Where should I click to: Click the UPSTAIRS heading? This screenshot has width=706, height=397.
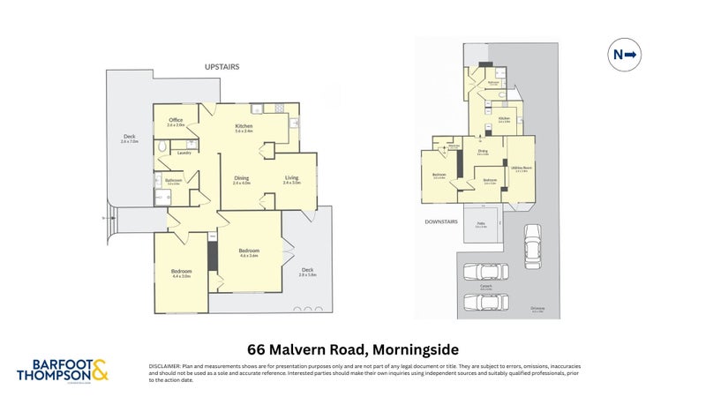222,66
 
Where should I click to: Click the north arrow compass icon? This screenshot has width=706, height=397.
626,56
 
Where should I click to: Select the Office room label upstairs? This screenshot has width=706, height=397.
176,122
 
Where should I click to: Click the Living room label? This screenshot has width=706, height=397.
291,179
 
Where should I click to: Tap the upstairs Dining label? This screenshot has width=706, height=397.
242,179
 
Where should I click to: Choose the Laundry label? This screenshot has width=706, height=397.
184,153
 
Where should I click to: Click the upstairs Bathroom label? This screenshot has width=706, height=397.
173,181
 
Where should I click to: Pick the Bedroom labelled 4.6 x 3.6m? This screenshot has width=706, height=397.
249,251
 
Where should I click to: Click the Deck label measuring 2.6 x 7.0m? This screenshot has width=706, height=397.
130,138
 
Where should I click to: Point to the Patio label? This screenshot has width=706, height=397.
481,224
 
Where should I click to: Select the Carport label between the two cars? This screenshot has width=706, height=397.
486,286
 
